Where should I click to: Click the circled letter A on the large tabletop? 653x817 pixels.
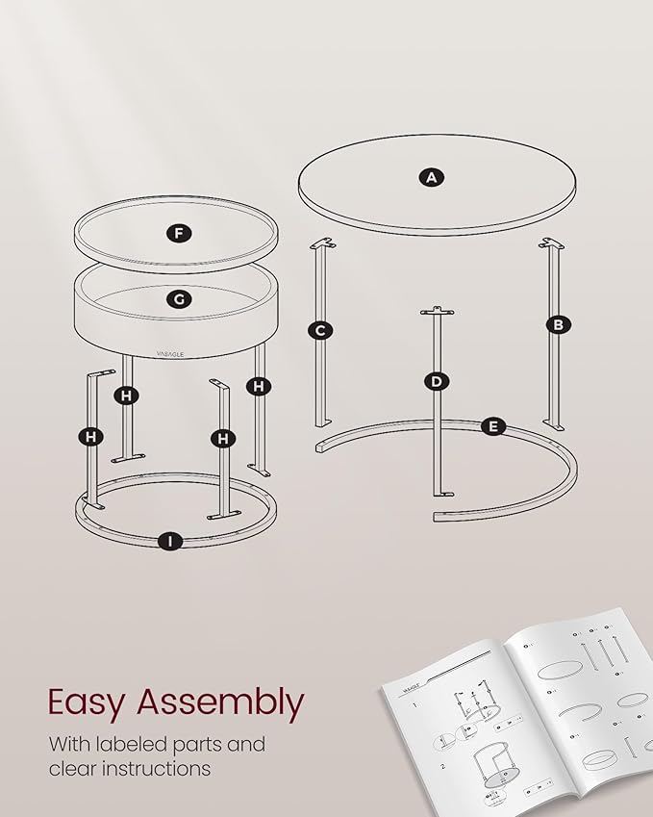point(432,177)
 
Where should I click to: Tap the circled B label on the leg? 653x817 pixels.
point(557,324)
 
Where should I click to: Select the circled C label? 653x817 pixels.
point(320,331)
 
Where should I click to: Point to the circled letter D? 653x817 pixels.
point(437,381)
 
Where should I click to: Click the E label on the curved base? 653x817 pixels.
point(493,426)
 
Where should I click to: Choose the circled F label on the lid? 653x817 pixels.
point(177,233)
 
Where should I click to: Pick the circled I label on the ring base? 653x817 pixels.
point(171,541)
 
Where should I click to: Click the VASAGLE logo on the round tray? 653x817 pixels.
point(175,353)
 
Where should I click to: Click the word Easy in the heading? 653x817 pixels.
point(87,702)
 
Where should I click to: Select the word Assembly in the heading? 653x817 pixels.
point(220,704)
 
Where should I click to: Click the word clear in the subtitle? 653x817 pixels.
point(74,769)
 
